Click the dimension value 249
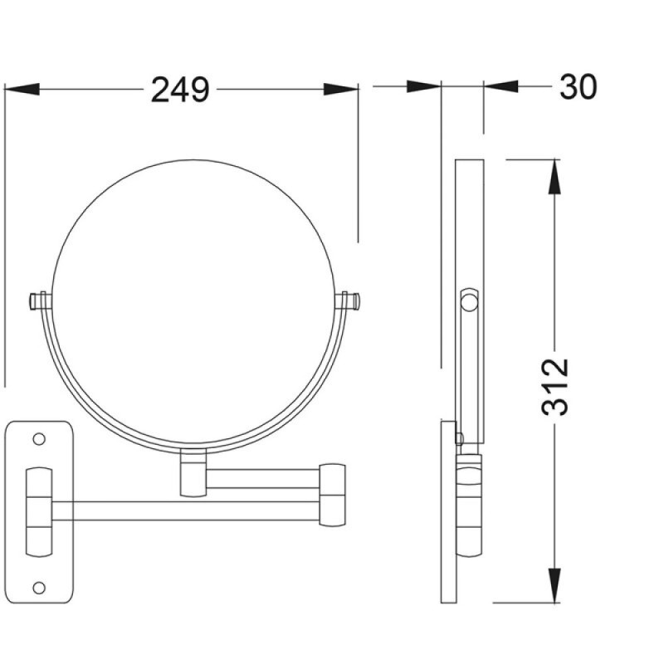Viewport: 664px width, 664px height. (180, 90)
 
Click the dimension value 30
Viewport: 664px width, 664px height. (578, 87)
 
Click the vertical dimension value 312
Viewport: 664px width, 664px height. (554, 387)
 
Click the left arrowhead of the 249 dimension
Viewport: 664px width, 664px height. (22, 90)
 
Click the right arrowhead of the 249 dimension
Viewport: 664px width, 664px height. (341, 90)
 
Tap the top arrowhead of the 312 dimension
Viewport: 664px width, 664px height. (554, 177)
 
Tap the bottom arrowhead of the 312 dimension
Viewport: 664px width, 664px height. (554, 585)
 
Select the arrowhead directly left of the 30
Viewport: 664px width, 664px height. (501, 86)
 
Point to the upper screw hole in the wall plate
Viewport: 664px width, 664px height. (39, 439)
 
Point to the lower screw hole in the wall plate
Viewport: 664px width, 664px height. (39, 588)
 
